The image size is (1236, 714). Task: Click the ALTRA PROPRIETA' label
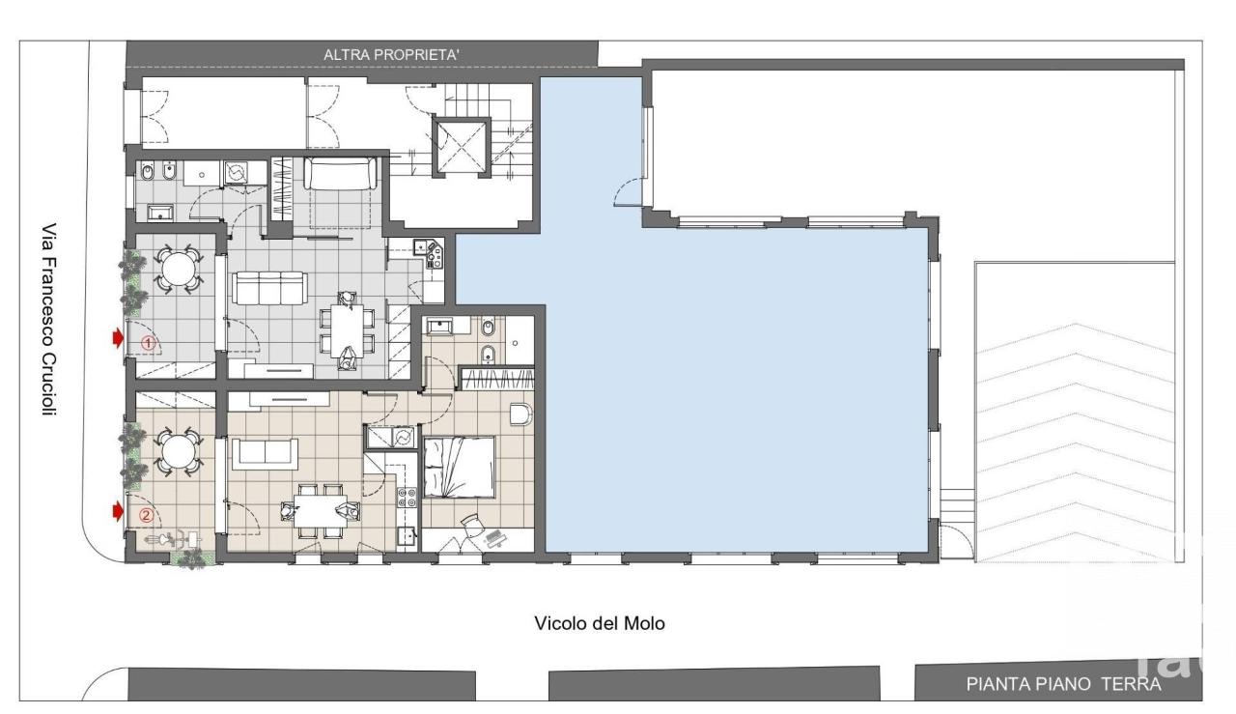391,55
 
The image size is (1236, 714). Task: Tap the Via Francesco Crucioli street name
49,319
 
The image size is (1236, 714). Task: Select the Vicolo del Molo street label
600,623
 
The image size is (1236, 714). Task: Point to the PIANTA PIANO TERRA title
1063,684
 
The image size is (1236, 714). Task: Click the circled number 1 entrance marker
148,343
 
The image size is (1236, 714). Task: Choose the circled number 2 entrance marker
146,515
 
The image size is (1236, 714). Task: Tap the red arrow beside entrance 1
118,338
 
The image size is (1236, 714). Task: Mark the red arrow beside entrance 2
118,512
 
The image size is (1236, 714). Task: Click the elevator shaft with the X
462,147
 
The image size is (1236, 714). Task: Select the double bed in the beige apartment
459,468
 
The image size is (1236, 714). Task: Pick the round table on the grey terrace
178,269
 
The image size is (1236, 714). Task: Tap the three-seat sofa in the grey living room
269,288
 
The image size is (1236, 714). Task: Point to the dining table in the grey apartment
347,330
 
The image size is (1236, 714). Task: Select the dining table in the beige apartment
320,511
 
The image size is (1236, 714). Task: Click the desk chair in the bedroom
470,524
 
